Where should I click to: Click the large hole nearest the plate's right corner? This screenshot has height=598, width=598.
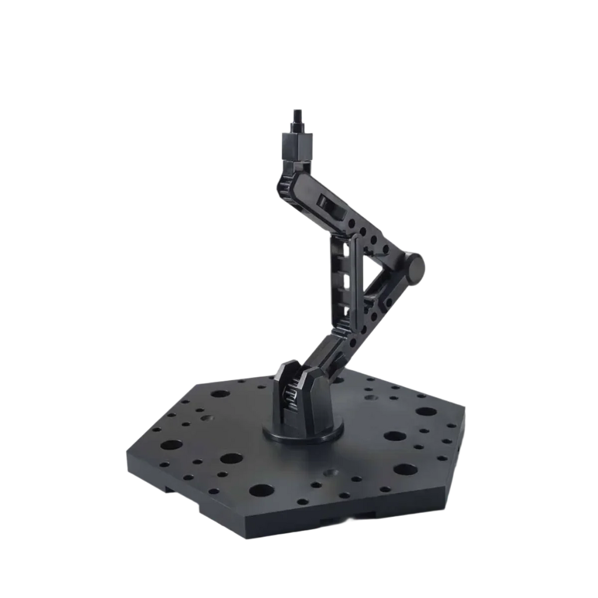click(x=424, y=411)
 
